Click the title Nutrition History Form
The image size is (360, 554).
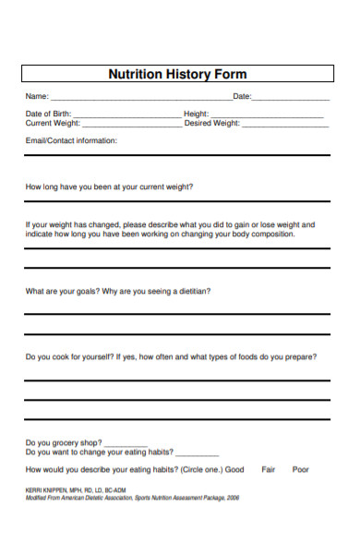pyautogui.click(x=178, y=74)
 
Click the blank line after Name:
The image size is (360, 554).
pyautogui.click(x=139, y=98)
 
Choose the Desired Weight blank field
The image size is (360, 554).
pyautogui.click(x=285, y=125)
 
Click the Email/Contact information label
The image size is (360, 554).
pyautogui.click(x=71, y=140)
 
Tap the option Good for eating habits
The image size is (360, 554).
pyautogui.click(x=234, y=469)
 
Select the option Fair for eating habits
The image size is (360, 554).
pyautogui.click(x=269, y=469)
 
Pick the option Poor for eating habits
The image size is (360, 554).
pyautogui.click(x=301, y=469)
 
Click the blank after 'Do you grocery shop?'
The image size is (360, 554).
pyautogui.click(x=126, y=444)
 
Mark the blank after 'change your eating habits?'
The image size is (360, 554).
pyautogui.click(x=197, y=454)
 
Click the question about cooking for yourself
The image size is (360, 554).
pyautogui.click(x=171, y=357)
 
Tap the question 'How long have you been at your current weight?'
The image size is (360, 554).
pyautogui.click(x=109, y=187)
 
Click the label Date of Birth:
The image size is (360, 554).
pyautogui.click(x=48, y=114)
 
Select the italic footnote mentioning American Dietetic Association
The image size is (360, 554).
pyautogui.click(x=132, y=496)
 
